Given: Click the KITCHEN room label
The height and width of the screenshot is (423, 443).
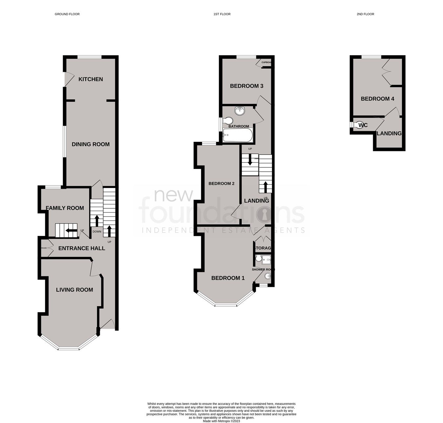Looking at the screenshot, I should (91, 79).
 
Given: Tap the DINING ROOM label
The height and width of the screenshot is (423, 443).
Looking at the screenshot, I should (91, 144).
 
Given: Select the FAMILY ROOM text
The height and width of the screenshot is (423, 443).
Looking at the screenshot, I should (65, 208).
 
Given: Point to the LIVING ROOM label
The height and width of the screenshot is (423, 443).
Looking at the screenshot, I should (74, 290).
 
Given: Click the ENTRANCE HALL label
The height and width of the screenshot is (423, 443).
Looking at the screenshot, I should (82, 248).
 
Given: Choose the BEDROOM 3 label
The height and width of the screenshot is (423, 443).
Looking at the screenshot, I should (246, 86).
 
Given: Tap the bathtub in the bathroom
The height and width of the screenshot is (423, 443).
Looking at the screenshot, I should (238, 135).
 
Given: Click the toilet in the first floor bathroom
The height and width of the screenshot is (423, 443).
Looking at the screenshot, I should (228, 120).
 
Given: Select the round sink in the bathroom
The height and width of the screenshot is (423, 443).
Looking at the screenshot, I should (240, 111).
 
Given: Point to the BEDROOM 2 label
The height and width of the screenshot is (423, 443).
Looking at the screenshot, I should (221, 183).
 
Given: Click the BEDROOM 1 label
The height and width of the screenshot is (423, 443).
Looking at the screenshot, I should (228, 278).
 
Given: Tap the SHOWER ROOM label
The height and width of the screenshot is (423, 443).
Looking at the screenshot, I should (263, 269).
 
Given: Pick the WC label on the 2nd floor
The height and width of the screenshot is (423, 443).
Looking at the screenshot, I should (363, 125).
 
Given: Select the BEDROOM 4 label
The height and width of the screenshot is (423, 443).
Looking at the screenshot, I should (377, 99).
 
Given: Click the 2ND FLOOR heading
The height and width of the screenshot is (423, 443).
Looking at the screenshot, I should (365, 14).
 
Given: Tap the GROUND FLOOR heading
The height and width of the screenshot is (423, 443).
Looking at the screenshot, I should (67, 14).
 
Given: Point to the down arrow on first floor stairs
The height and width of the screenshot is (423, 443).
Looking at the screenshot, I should (250, 161).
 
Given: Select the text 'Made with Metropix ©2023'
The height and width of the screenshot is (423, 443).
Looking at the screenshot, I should (221, 421).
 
